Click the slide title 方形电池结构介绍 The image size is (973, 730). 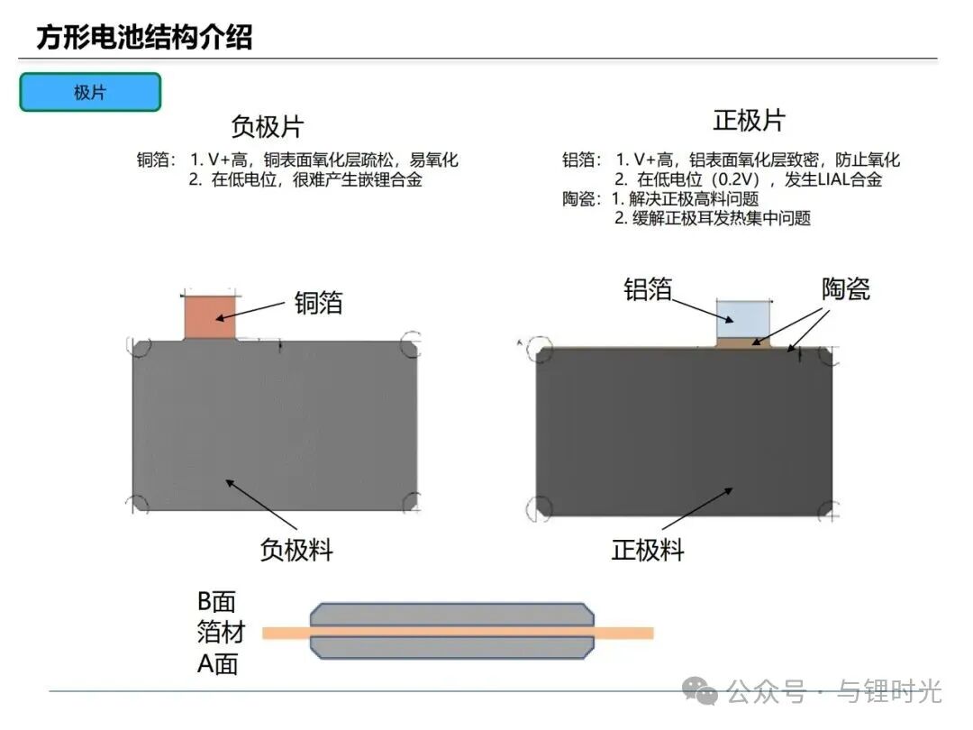click(x=144, y=37)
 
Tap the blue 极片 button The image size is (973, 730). click(x=90, y=92)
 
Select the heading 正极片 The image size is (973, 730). click(x=749, y=120)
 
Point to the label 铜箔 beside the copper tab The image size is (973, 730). click(x=318, y=302)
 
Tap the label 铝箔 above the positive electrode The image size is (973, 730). click(x=648, y=288)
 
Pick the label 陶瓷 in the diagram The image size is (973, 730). click(x=845, y=288)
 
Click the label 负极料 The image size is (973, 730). click(x=296, y=549)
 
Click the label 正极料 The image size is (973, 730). click(x=648, y=549)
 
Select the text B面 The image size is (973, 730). click(x=216, y=601)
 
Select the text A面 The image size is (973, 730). click(x=217, y=664)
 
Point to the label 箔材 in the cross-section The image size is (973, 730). click(x=220, y=632)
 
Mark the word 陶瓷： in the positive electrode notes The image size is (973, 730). click(x=582, y=198)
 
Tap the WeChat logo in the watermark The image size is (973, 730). click(x=700, y=691)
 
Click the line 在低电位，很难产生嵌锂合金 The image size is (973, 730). click(x=316, y=179)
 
